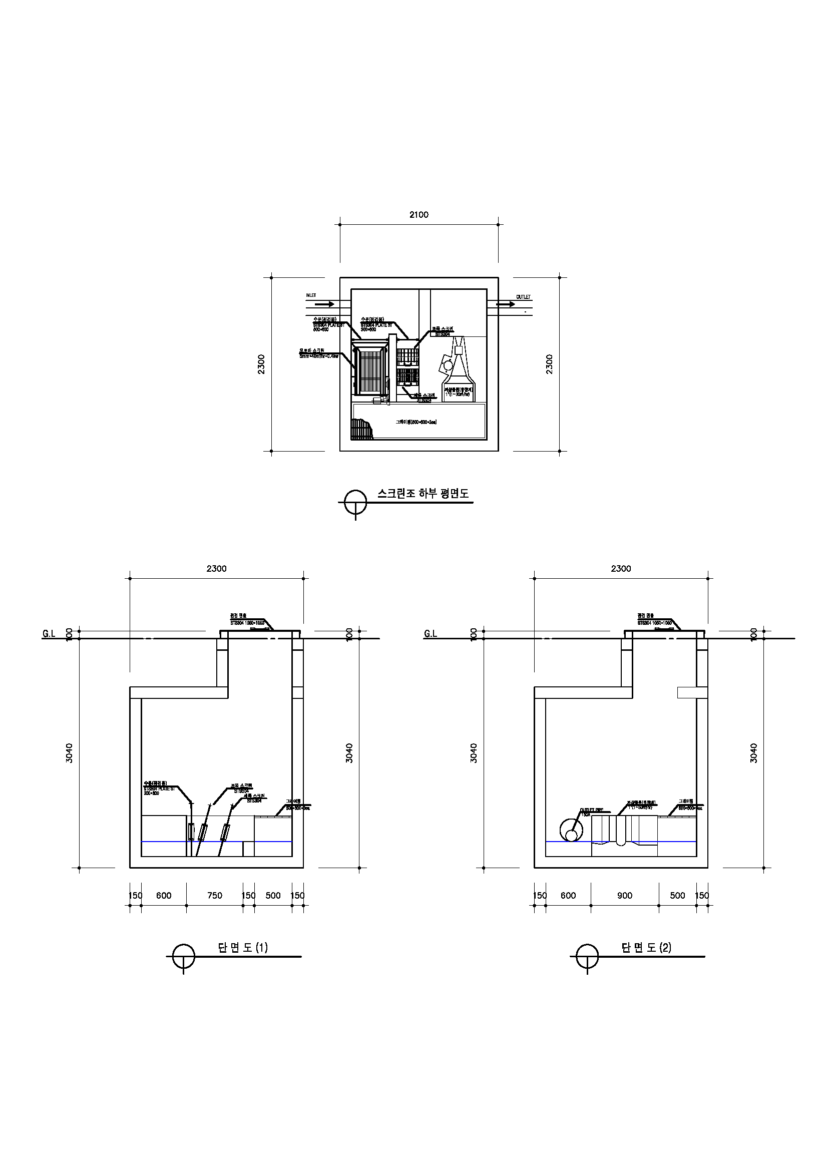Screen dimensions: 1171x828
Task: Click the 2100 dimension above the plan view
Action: [419, 215]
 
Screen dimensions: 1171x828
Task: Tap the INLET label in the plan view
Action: [311, 295]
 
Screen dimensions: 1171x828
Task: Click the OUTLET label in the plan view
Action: [523, 297]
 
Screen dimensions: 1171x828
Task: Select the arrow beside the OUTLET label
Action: [506, 304]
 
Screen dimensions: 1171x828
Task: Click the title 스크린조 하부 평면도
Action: [423, 493]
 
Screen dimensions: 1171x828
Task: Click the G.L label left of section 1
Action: [49, 634]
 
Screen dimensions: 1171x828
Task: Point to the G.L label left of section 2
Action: [431, 634]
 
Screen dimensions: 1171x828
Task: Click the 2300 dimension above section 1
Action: [216, 569]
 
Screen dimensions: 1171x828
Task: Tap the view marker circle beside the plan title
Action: [355, 502]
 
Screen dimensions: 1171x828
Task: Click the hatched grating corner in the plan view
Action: [362, 430]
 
